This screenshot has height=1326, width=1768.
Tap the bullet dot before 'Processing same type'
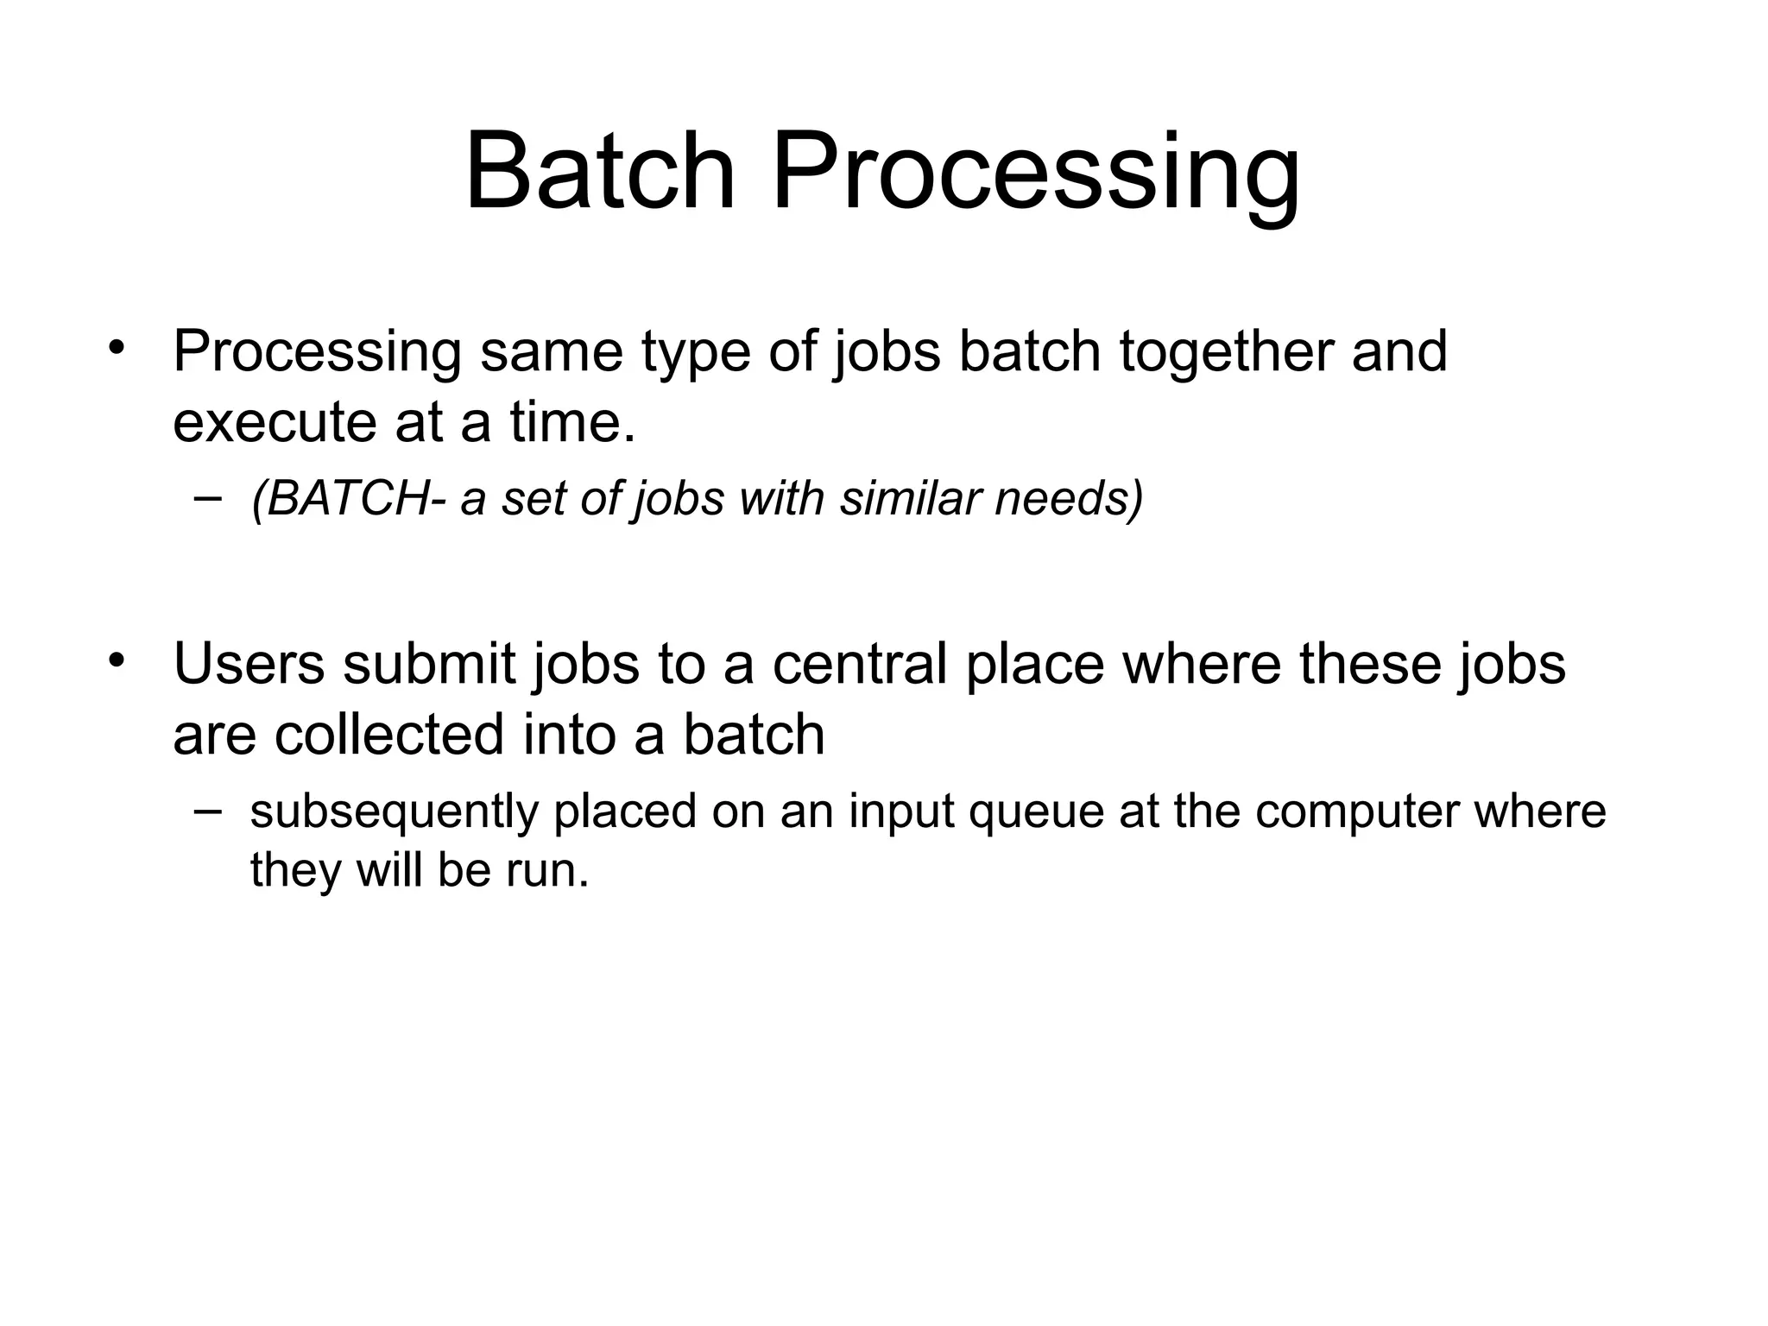[x=117, y=349]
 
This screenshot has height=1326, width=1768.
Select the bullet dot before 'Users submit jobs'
[x=117, y=661]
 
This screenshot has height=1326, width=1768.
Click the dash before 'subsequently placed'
[x=207, y=810]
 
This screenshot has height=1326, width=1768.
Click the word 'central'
[x=858, y=664]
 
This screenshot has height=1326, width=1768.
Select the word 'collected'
[x=388, y=736]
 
